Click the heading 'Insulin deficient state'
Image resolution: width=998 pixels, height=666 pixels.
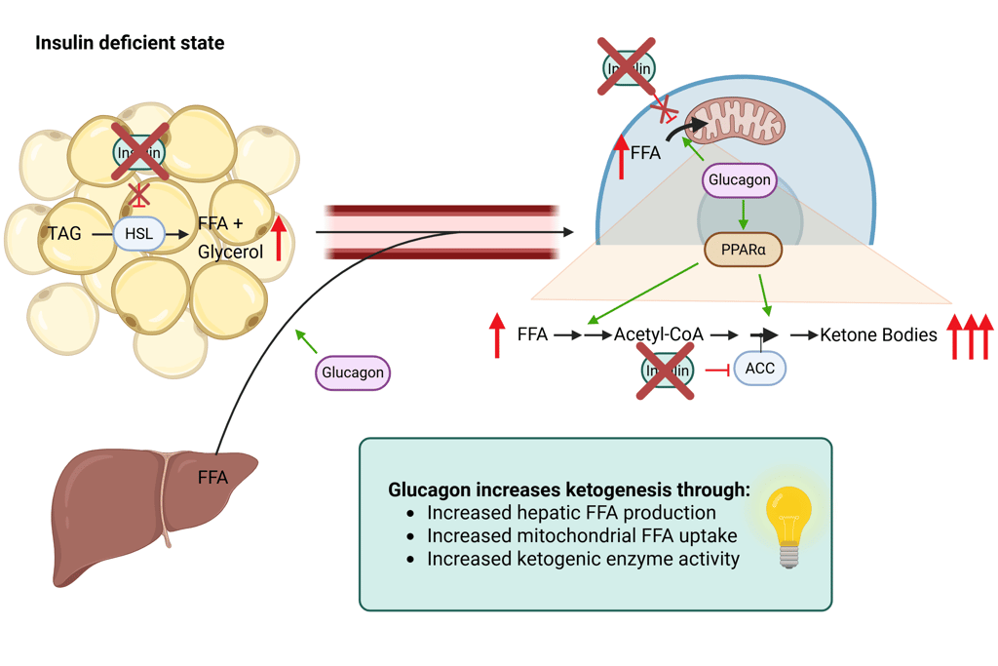point(130,43)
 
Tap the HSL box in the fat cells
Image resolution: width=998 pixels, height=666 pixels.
point(138,234)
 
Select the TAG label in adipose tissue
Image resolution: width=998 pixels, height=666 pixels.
point(64,234)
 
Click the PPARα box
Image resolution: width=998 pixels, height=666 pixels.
point(743,250)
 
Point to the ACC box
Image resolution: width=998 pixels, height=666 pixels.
point(759,369)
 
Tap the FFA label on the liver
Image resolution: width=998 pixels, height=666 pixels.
point(212,478)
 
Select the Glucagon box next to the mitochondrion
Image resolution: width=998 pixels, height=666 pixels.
point(740,179)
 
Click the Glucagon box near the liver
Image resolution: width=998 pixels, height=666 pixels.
point(353,372)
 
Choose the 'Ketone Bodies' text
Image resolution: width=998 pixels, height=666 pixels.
point(878,335)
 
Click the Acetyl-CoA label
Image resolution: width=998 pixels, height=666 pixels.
point(659,335)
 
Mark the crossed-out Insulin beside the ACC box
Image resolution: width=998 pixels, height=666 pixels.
point(667,370)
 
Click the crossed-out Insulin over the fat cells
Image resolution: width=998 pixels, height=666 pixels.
point(139,152)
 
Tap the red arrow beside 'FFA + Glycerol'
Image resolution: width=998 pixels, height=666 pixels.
point(279,237)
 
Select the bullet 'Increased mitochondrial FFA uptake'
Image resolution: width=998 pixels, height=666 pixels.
point(582,535)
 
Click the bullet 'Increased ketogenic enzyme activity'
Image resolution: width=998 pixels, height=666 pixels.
point(583,559)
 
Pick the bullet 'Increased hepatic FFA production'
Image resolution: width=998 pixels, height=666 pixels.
point(571,512)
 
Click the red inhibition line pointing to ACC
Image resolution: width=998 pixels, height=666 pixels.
point(717,370)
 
